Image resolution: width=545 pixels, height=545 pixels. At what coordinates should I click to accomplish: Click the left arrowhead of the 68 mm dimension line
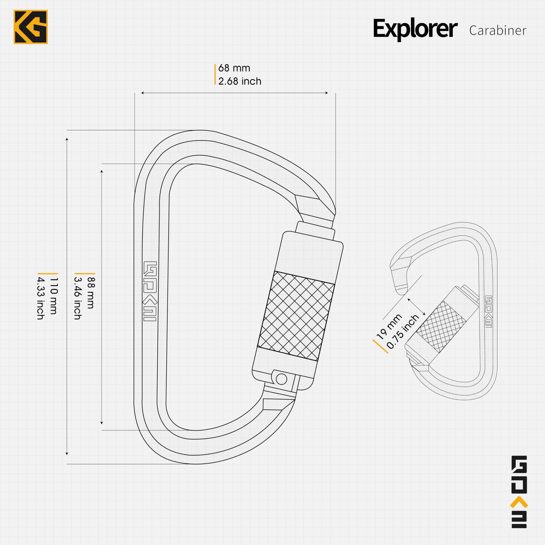coord(142,93)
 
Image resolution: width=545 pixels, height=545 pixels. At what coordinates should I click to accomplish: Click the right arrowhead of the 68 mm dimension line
coord(327,93)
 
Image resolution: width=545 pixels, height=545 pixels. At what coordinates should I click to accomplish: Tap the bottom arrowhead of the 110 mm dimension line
coord(67,461)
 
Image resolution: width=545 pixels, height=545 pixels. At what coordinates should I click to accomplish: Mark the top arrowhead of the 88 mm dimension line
coord(102,171)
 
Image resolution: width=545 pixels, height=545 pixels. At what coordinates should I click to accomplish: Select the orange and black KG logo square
coord(31,27)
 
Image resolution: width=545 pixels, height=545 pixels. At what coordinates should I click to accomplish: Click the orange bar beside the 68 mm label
coord(215,74)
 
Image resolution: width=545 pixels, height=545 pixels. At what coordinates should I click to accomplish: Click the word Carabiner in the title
coord(498,31)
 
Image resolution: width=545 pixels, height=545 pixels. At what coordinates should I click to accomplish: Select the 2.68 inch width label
coord(240,81)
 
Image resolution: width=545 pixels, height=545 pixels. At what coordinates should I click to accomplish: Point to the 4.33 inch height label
coord(40,297)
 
